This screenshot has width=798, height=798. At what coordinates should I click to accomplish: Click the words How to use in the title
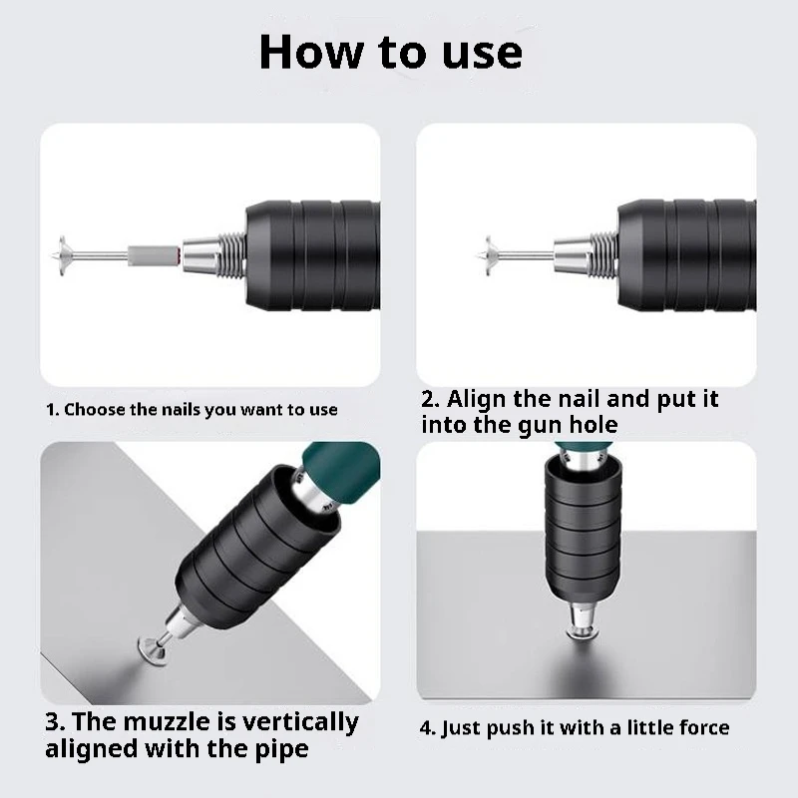point(390,52)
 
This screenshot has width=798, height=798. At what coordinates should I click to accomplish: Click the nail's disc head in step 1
point(64,255)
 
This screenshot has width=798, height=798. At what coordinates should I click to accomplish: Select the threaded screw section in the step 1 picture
point(233,255)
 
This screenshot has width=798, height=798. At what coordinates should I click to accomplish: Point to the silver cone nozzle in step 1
point(201,255)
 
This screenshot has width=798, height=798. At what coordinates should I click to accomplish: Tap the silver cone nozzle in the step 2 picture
point(573,254)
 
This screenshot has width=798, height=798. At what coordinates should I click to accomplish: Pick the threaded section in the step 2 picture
point(605,254)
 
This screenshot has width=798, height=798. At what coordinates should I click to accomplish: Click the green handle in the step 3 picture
point(342,472)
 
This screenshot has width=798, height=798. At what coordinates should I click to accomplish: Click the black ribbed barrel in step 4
point(583,529)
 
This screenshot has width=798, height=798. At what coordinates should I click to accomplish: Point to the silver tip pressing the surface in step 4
point(581,619)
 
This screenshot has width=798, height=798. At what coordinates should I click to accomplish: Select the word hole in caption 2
point(593,425)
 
